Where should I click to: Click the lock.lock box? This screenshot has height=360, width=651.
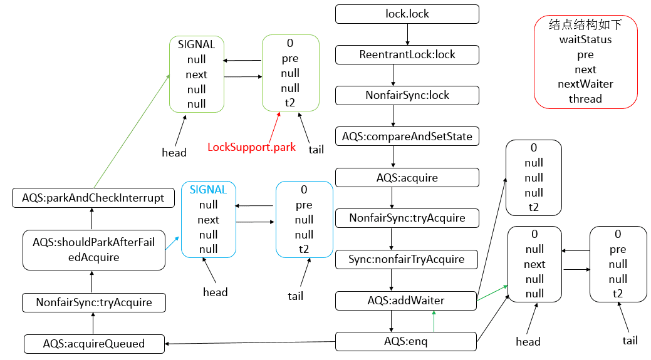407,14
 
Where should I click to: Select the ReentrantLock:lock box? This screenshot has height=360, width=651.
407,54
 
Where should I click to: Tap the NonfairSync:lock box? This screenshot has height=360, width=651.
407,96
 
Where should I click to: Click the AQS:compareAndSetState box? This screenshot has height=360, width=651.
407,136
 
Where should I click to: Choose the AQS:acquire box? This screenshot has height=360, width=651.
407,178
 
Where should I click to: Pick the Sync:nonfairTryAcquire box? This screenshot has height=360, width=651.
407,259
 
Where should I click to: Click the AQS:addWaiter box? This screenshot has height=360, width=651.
406,301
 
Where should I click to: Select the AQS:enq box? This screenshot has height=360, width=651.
406,342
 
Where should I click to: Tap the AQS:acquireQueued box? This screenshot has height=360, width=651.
94,344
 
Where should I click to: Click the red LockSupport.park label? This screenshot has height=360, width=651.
251,148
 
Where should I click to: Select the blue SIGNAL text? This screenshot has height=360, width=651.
208,190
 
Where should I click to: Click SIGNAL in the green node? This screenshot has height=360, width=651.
196,45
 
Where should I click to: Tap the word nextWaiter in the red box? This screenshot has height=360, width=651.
585,84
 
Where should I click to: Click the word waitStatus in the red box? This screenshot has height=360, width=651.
585,39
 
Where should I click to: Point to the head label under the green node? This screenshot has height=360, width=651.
174,153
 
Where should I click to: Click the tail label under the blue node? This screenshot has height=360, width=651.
295,296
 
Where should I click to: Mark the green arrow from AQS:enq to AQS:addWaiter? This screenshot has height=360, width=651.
433,322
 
